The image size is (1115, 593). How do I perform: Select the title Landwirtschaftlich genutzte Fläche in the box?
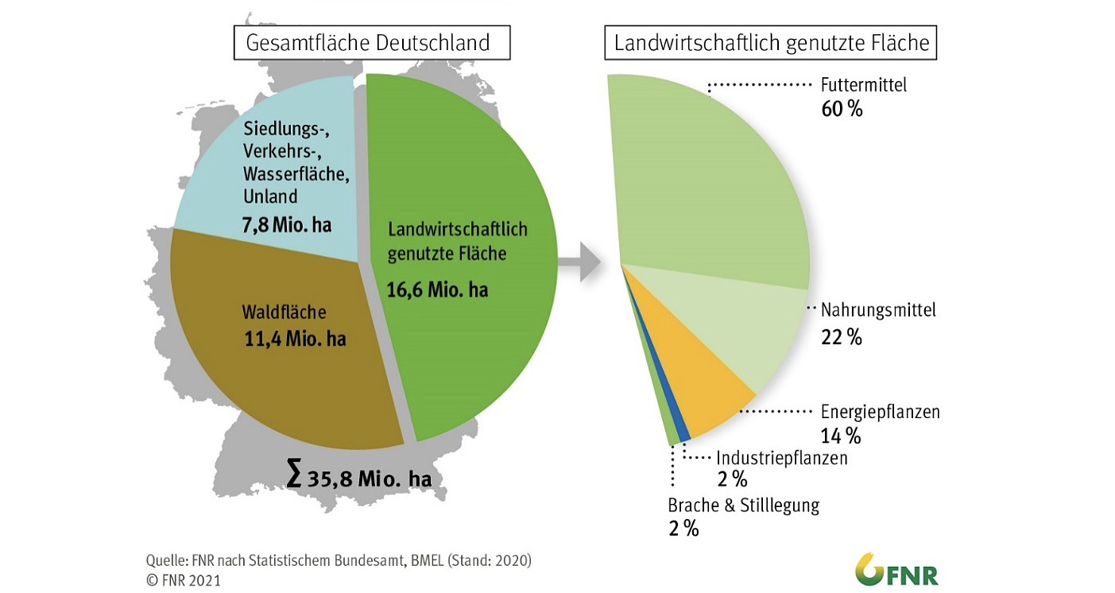(x=771, y=43)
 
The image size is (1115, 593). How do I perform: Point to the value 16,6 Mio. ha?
(x=437, y=289)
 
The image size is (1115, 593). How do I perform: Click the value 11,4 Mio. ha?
(x=296, y=339)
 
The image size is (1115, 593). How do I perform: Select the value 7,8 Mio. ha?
(x=286, y=225)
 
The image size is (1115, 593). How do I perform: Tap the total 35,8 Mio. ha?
(x=359, y=478)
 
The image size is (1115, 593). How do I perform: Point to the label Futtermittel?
(x=863, y=84)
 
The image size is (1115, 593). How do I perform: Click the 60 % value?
(x=842, y=109)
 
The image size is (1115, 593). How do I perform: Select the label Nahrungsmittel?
(x=878, y=309)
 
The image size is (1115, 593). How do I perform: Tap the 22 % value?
(x=841, y=337)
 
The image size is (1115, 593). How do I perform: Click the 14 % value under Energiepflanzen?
(x=841, y=436)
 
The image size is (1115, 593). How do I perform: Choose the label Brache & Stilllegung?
(x=743, y=505)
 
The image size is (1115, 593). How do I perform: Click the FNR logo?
(x=896, y=570)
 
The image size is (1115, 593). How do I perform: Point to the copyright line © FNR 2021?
(x=184, y=580)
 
